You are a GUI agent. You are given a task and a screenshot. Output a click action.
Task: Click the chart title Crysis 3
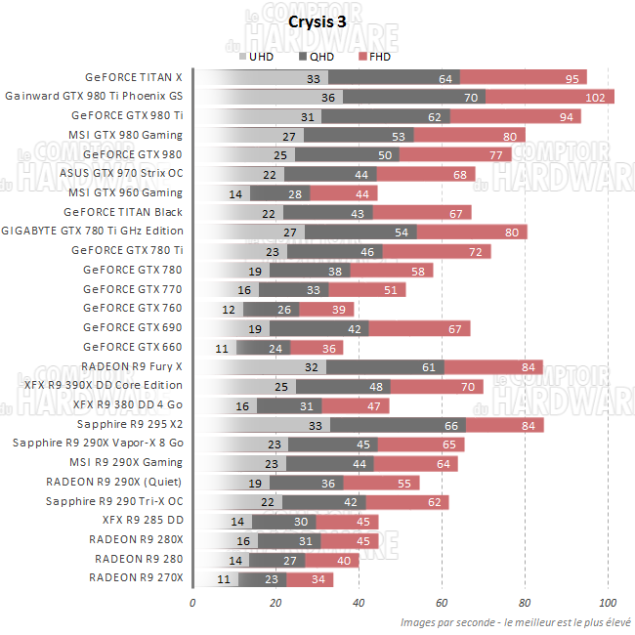(317, 21)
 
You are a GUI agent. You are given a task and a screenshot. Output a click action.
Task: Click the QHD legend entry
(322, 56)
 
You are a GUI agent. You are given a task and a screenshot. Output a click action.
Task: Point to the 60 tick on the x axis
(442, 602)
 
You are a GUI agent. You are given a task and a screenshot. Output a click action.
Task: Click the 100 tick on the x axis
(608, 602)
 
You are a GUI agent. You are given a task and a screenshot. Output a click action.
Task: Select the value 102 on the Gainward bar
(593, 98)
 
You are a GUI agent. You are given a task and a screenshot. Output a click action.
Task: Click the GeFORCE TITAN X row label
(134, 77)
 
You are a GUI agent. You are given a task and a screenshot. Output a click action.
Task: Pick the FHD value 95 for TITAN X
(571, 78)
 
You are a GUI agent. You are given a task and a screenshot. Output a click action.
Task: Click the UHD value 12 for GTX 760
(229, 310)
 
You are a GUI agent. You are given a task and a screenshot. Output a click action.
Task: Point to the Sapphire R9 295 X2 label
(129, 425)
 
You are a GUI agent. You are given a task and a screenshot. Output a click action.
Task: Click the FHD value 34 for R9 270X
(319, 579)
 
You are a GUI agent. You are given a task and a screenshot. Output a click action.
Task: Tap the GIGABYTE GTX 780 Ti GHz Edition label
(93, 232)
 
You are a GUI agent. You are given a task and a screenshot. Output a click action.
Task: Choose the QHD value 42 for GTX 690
(355, 328)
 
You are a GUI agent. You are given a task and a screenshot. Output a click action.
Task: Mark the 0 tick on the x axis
(192, 602)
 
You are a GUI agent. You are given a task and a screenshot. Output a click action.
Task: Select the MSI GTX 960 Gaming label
(127, 193)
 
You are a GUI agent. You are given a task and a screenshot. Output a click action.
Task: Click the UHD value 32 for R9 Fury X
(312, 367)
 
